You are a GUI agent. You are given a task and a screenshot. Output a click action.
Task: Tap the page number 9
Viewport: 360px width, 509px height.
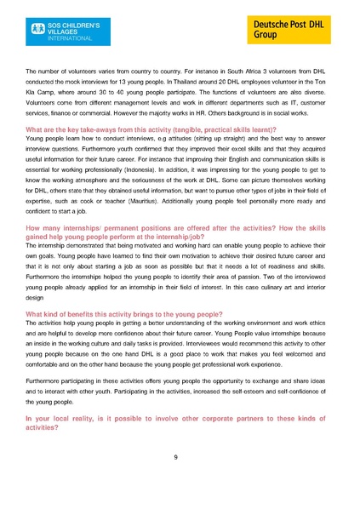point(175,457)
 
